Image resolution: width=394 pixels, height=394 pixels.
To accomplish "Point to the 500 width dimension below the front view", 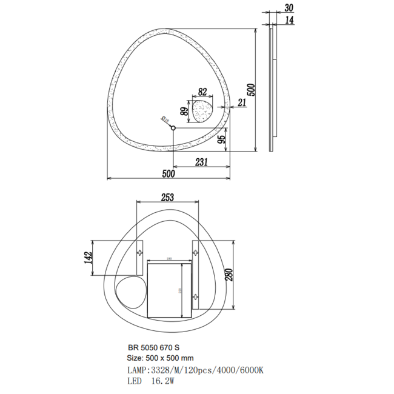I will (169, 173).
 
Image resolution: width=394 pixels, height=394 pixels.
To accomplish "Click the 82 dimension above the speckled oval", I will (202, 92).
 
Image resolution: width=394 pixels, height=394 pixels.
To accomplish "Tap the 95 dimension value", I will (222, 140).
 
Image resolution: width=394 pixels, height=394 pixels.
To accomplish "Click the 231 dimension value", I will (201, 162).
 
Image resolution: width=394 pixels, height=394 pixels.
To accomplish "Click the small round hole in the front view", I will (173, 128).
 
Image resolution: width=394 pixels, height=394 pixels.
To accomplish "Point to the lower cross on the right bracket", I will (197, 296).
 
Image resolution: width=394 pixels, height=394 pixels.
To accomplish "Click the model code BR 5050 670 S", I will (153, 347).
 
